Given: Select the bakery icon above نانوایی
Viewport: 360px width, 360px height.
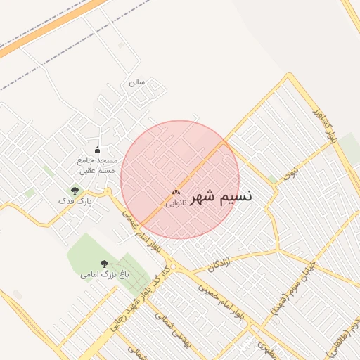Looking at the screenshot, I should pos(176,192).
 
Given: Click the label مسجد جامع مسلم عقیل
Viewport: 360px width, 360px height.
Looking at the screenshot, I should pos(97,165).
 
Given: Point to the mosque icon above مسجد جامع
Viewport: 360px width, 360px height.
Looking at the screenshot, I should pos(97,150).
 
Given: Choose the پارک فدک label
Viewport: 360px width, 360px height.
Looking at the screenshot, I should pos(75,201).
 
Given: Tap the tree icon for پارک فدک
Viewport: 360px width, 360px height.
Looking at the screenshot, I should pos(75,191).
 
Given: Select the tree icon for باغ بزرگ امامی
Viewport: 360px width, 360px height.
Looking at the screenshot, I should pos(104,264).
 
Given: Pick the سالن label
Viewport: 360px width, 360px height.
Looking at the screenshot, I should pos(136,82).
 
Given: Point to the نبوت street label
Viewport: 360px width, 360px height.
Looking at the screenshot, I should pos(290,173).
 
